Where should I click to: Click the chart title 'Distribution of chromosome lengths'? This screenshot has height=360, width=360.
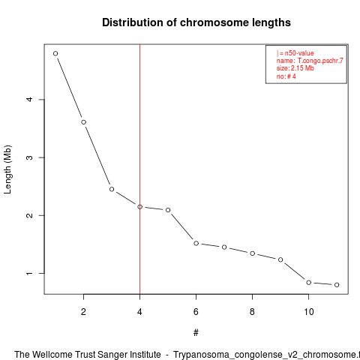pos(196,22)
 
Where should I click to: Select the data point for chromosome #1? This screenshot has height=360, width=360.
pos(55,53)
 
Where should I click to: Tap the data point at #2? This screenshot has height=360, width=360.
pos(84,122)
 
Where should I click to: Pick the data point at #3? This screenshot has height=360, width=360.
pos(112,189)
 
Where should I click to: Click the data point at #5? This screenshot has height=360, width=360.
pos(168,210)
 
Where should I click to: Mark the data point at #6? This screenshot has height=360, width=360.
pos(196,243)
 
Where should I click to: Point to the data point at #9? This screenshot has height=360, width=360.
pos(280,259)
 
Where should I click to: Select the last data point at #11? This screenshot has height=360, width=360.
pos(337,285)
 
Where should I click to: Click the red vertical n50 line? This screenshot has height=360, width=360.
pos(139,169)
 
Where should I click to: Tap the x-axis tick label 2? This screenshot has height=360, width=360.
pos(83,312)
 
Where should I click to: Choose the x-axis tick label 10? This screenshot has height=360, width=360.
pos(309,312)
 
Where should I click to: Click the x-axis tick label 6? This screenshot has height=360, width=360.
pos(196,312)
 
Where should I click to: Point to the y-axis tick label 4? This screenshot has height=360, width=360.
pos(29,99)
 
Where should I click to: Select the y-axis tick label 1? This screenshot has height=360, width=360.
pos(29,273)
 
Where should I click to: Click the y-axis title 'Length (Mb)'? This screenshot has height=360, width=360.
pos(7,169)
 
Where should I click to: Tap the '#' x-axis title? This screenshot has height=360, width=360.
pos(196,333)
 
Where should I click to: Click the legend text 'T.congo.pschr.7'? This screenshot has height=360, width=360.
pos(320,61)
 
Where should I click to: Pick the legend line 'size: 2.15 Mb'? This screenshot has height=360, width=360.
pos(295,68)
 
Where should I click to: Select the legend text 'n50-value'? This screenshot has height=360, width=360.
pos(299,53)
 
